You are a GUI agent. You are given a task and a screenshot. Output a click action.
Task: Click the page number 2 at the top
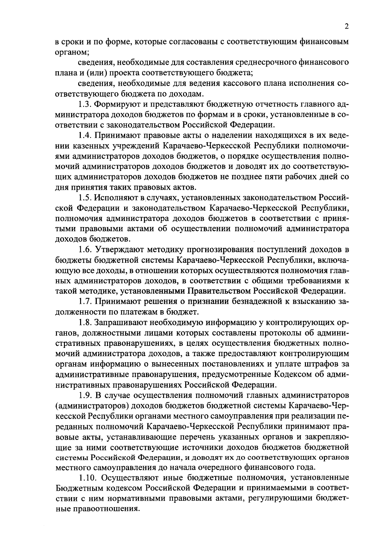[x=346, y=27]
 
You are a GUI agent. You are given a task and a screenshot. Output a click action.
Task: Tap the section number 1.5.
[x=85, y=197]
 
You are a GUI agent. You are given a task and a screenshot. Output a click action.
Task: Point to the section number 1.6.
[x=85, y=249]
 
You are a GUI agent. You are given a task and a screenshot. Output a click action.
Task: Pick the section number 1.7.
[x=85, y=301]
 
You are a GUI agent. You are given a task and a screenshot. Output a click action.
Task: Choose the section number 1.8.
[x=85, y=322]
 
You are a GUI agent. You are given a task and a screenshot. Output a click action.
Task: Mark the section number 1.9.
[x=85, y=395]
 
